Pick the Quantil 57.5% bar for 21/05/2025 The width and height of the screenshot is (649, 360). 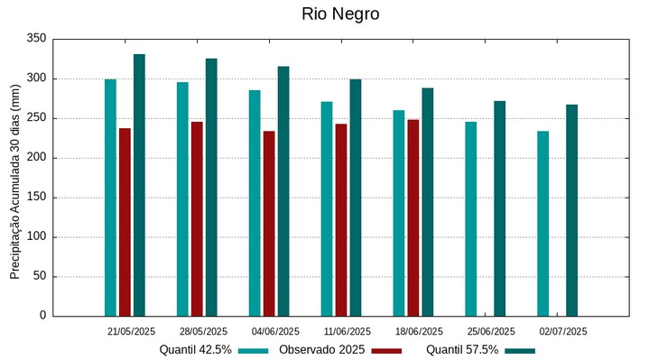[x=139, y=185]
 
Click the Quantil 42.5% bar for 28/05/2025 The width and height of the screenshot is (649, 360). [x=182, y=198]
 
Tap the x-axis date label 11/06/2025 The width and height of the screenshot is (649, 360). [x=348, y=331]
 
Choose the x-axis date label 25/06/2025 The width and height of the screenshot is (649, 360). [x=491, y=331]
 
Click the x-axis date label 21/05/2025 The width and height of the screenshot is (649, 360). [x=131, y=331]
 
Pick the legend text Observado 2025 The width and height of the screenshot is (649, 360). [x=321, y=349]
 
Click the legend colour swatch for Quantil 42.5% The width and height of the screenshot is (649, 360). [x=254, y=350]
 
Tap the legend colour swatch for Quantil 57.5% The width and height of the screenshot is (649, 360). [x=520, y=350]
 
